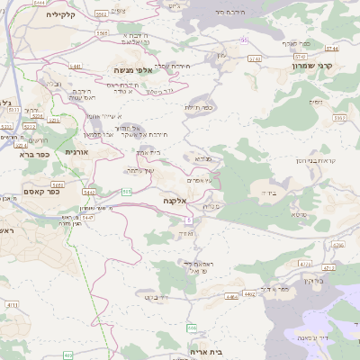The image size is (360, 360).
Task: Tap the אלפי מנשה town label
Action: (x=130, y=69)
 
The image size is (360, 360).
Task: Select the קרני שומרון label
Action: (x=312, y=66)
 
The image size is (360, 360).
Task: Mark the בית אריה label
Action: (x=205, y=352)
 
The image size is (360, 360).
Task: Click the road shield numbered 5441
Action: (x=76, y=67)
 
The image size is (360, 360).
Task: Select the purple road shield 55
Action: (x=244, y=40)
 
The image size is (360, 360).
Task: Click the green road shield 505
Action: (x=127, y=192)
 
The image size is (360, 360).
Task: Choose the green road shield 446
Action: (x=192, y=328)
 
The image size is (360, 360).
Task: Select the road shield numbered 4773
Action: (x=305, y=264)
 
